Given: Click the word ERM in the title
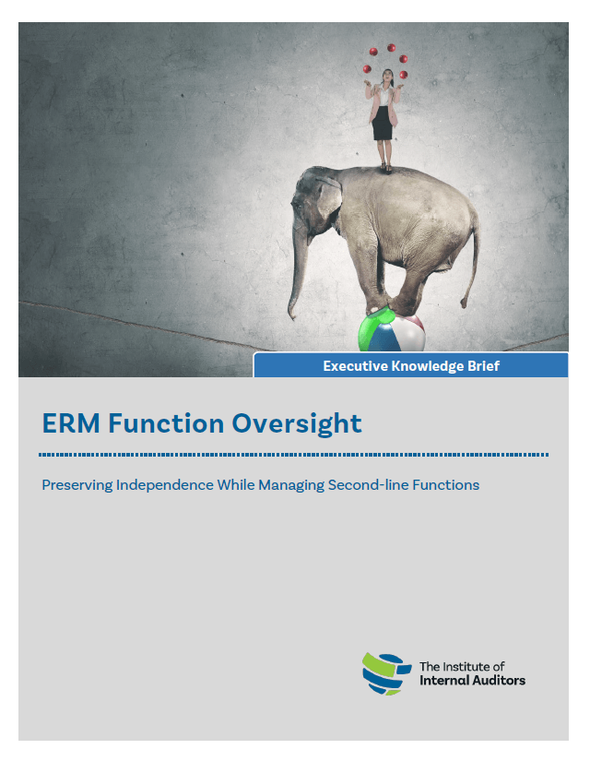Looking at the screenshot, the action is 71,423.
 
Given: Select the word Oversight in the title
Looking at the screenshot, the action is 297,424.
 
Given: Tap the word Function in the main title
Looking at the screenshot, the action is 166,423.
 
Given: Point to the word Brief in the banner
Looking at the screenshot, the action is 483,366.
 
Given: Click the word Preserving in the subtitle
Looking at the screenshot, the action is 77,485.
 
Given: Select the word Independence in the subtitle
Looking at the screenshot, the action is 165,485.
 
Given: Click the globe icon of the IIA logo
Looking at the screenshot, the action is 385,673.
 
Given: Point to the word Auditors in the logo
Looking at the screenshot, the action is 500,681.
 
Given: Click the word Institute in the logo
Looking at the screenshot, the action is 465,666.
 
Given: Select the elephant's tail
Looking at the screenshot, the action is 472,262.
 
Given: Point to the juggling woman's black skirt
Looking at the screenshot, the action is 383,124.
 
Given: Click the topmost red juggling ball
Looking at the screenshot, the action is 391,48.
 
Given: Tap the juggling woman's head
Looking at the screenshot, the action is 388,75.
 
